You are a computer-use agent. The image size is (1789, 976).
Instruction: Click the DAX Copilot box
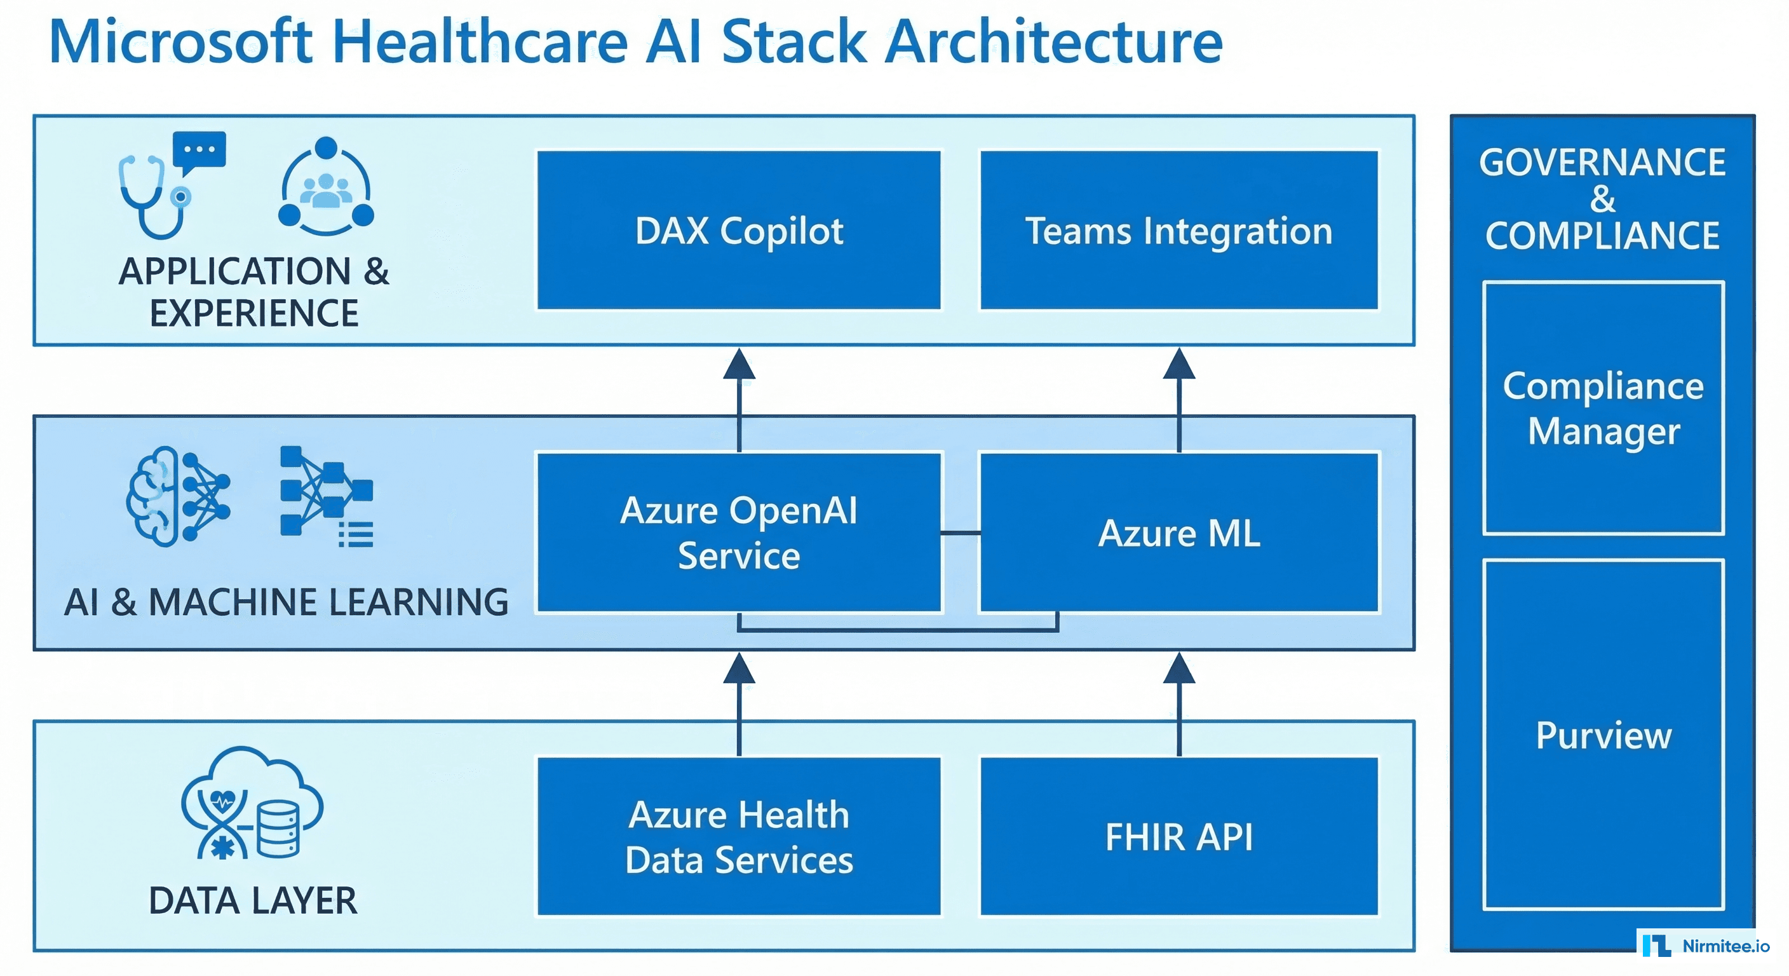tap(738, 230)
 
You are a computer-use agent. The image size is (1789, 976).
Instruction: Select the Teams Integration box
tap(1178, 230)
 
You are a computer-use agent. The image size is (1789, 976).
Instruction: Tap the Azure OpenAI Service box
tap(738, 532)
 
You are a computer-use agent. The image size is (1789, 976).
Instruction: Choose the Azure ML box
tap(1178, 532)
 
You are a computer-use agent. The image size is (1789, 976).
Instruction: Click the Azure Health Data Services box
tap(738, 836)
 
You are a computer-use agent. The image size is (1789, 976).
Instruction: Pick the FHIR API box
tap(1178, 836)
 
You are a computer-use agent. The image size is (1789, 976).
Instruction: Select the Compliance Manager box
tap(1603, 408)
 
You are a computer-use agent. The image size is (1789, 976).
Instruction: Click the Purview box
tap(1603, 735)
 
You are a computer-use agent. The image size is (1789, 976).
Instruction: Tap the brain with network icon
tap(178, 496)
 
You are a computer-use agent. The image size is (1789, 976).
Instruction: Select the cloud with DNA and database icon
tap(252, 804)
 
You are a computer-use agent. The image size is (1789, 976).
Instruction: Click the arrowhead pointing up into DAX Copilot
tap(739, 364)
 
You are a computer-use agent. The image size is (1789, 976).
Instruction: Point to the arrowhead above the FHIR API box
tap(1178, 668)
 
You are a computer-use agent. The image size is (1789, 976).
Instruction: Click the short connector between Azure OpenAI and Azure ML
tap(961, 533)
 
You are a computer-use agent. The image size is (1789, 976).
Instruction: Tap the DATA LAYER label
tap(253, 900)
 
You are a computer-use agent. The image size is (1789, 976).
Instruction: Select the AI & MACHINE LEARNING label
tap(286, 602)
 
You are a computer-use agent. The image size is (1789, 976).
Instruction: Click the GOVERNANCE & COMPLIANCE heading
tap(1602, 199)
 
